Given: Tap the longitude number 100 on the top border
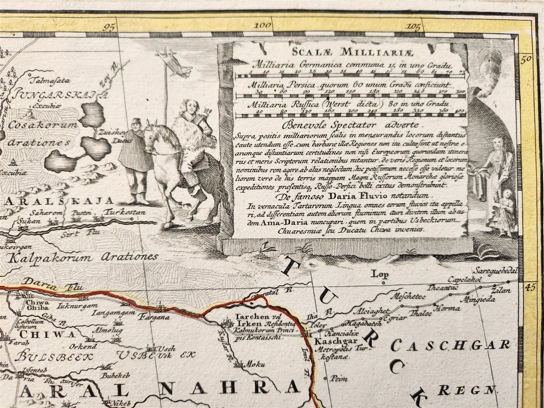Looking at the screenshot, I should point(262,25).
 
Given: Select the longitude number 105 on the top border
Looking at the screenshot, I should point(413,26).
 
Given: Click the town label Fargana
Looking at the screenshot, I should point(154,317).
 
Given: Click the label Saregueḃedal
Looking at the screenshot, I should point(495,271).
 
